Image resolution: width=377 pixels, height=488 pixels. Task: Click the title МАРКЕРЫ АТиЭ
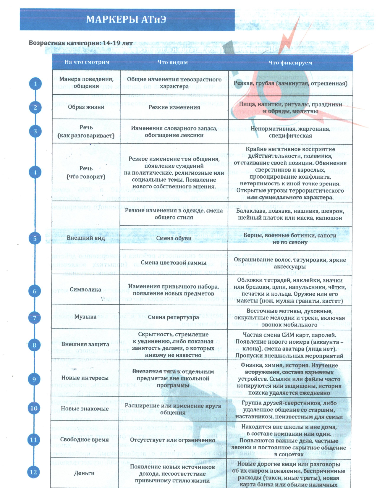(126, 19)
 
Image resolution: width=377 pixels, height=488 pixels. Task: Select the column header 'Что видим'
(173, 62)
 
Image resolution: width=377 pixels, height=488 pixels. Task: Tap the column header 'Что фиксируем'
(290, 62)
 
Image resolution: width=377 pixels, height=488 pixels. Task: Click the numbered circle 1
(35, 84)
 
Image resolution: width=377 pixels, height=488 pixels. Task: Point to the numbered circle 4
(35, 172)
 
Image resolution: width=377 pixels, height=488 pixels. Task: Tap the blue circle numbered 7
(35, 318)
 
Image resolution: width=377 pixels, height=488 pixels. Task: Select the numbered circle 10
(34, 408)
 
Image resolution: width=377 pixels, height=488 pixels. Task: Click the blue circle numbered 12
(33, 472)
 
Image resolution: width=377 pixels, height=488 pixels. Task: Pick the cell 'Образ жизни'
(86, 107)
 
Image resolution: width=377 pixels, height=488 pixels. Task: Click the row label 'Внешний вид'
(86, 238)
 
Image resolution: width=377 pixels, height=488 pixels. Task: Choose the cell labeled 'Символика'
(85, 290)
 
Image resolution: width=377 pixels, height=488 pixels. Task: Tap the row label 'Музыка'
(85, 317)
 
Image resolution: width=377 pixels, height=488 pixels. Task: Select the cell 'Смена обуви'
(174, 238)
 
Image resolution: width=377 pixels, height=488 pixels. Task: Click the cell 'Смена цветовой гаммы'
(174, 263)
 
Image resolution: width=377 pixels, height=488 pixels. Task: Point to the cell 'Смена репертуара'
(174, 317)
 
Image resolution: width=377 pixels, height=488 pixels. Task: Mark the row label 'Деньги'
(84, 473)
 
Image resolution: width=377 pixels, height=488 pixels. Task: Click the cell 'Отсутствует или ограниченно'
(173, 440)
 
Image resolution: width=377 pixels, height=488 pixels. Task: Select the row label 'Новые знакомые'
(85, 409)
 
